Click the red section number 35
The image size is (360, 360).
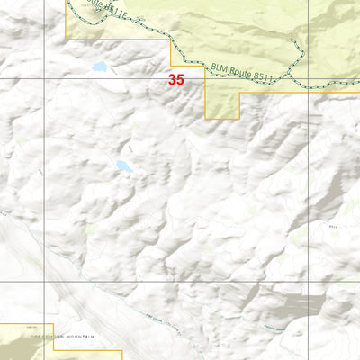point(175,79)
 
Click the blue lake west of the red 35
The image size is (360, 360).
point(98,67)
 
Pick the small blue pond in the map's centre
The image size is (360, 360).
point(123,166)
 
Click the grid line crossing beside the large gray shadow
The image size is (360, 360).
point(309,282)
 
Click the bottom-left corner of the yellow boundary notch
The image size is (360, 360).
point(207,118)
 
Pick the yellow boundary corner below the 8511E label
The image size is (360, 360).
point(67,40)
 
